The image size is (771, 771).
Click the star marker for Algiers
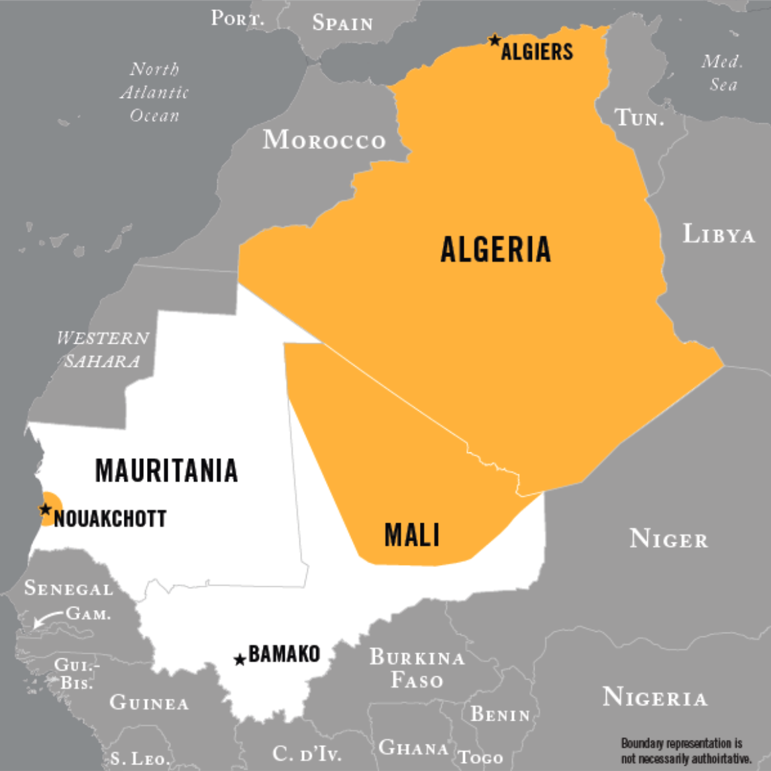494,40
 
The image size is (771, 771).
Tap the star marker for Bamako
240,660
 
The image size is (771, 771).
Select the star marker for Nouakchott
45,509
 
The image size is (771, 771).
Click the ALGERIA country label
495,250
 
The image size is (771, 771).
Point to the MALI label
412,535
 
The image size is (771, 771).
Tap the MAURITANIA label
166,470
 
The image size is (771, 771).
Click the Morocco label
324,140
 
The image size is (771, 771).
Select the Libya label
718,234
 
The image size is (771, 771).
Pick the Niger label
668,539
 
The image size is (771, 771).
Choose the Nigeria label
654,697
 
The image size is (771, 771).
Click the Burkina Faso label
417,668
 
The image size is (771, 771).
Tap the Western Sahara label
103,349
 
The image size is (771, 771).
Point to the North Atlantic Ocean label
154,92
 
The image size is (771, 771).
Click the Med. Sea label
722,73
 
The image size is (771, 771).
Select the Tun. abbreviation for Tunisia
639,118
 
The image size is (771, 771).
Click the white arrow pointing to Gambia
48,619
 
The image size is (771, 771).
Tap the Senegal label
68,588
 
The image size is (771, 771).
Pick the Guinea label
149,702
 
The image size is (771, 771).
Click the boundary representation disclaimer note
686,750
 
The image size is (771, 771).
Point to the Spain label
342,23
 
